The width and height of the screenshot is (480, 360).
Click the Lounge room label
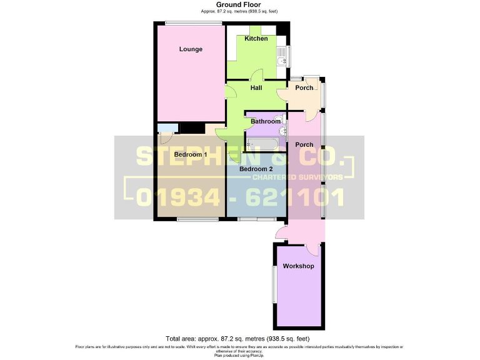(x=191, y=49)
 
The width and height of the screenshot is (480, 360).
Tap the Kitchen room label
(x=256, y=39)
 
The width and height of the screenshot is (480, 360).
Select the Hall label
(x=256, y=88)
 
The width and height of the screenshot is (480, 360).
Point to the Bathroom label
(x=266, y=121)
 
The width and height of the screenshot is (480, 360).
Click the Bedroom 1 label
(x=191, y=154)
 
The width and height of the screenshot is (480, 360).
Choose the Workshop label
(x=298, y=266)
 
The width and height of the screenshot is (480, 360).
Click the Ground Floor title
(x=239, y=4)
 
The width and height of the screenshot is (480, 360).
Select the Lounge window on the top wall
(x=193, y=24)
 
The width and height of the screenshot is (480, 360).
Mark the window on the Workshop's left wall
(x=273, y=285)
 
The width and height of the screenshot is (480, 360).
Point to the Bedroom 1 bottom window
(x=197, y=219)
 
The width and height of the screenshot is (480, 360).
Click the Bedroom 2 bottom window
(x=257, y=219)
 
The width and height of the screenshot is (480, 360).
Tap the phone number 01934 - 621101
(x=240, y=197)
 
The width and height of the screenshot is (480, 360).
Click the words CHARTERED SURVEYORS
(x=297, y=177)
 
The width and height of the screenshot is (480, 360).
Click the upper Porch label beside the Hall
(x=304, y=88)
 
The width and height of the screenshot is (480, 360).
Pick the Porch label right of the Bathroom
(x=304, y=145)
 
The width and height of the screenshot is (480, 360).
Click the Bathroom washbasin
(x=282, y=131)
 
